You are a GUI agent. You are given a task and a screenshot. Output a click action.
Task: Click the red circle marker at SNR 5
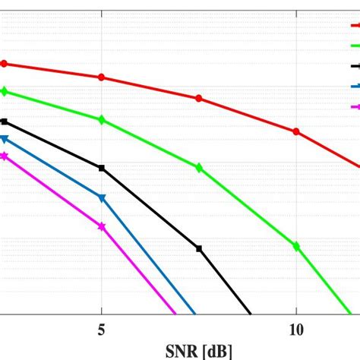click(x=102, y=77)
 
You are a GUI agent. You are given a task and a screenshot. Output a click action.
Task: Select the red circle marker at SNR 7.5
click(x=199, y=98)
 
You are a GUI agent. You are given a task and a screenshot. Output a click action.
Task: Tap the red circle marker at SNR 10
click(x=296, y=131)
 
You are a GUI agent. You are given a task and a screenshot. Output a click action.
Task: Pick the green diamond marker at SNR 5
click(x=102, y=120)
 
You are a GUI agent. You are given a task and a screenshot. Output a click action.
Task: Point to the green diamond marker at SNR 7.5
click(x=199, y=168)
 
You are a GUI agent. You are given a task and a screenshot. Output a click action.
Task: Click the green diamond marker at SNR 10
click(x=296, y=245)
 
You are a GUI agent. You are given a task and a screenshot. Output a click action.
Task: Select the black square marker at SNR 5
click(x=102, y=168)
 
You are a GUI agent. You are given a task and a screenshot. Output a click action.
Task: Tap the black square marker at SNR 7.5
click(x=199, y=248)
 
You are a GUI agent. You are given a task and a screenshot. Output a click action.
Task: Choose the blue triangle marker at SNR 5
click(x=102, y=198)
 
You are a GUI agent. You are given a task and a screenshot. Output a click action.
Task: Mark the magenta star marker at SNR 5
click(x=102, y=226)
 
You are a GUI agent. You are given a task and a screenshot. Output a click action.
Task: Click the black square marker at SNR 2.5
click(x=4, y=122)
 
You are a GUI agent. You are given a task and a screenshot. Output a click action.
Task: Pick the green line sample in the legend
click(x=353, y=46)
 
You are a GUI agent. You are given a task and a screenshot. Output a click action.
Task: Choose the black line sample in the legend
click(x=353, y=66)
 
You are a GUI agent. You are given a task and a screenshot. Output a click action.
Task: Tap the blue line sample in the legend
click(x=353, y=87)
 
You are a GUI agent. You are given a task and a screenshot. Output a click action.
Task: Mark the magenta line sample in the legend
click(x=353, y=107)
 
